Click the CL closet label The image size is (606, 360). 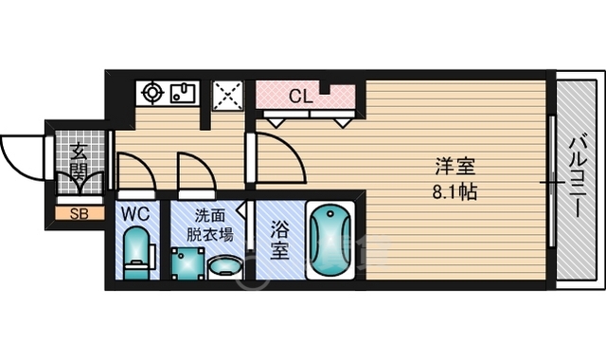tap(301, 97)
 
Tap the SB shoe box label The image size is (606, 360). tap(80, 214)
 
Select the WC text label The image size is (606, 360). tap(135, 214)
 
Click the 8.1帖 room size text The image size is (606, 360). tap(454, 191)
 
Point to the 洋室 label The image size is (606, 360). tap(455, 167)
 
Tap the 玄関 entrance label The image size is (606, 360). tap(79, 162)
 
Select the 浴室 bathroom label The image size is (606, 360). tap(280, 240)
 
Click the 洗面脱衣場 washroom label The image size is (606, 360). tap(210, 225)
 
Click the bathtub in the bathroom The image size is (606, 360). tap(330, 240)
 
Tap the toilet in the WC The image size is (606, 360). tap(136, 253)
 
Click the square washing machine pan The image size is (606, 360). tap(187, 263)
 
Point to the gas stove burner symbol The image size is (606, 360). tap(152, 93)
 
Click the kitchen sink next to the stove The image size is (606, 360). tap(184, 93)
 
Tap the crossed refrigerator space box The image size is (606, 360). tap(228, 95)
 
